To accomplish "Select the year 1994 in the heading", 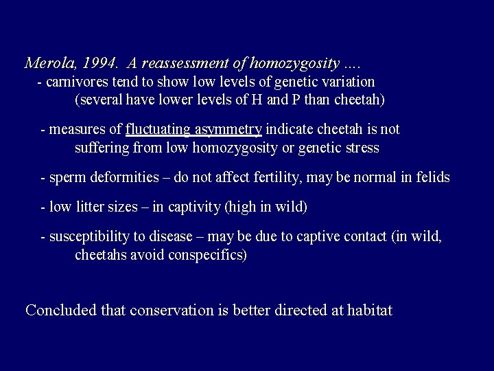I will click(99, 64).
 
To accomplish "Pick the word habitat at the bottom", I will click(369, 310).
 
